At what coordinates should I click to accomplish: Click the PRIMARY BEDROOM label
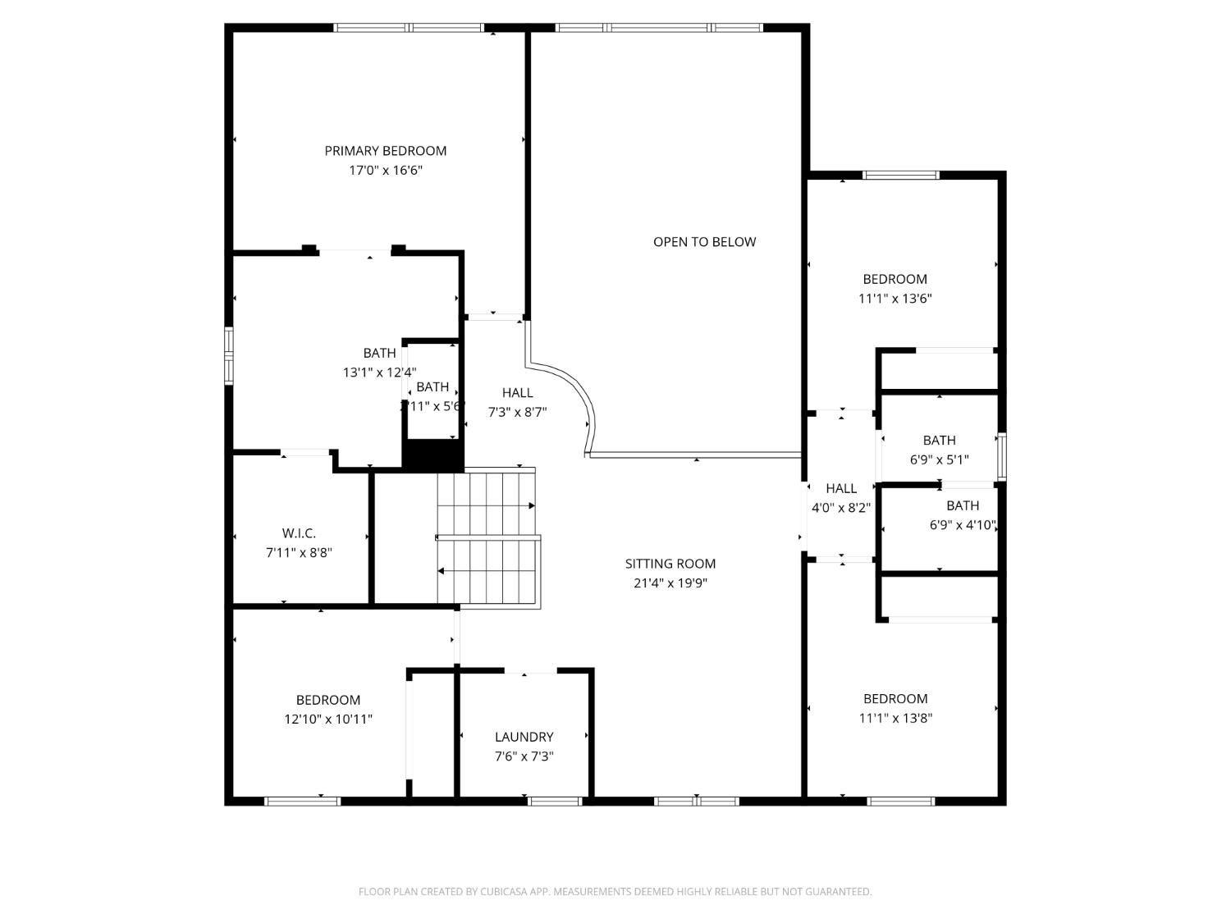coord(385,151)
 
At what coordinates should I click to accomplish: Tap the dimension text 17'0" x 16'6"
coord(385,171)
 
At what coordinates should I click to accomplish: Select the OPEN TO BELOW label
coord(704,242)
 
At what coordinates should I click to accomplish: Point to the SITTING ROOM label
coord(670,564)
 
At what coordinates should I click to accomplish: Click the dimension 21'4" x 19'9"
coord(670,583)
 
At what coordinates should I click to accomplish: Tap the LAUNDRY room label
coord(524,737)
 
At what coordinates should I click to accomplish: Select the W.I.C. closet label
coord(299,533)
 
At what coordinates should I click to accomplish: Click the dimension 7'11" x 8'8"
coord(299,553)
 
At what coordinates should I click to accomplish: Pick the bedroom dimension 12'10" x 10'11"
coord(328,720)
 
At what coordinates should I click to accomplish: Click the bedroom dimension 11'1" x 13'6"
coord(895,299)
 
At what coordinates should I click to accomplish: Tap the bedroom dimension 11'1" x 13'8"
coord(895,718)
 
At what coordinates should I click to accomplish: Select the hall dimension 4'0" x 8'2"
coord(840,508)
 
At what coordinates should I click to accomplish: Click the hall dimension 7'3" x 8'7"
coord(517,413)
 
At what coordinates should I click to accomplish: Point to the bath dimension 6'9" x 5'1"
coord(939,460)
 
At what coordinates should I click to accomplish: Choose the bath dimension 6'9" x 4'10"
coord(963,525)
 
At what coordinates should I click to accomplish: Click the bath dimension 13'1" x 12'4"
coord(379,372)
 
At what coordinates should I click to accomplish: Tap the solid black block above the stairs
coord(432,455)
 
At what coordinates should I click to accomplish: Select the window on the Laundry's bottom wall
coord(554,801)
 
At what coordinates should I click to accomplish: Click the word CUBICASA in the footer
coord(502,892)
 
